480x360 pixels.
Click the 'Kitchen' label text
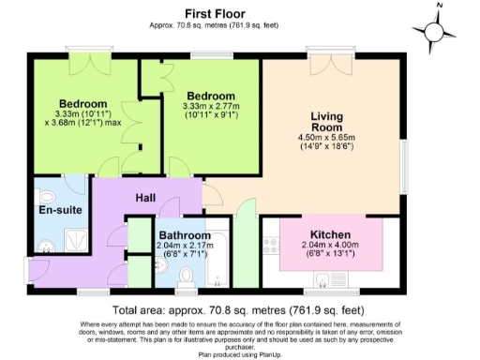coord(330,233)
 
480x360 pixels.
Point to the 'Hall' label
coord(146,198)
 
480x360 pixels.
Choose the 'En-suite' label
coord(56,210)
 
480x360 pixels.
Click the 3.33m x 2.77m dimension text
coord(209,107)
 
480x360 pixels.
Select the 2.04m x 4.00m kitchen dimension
coord(330,245)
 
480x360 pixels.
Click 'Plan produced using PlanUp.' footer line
coord(239,354)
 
